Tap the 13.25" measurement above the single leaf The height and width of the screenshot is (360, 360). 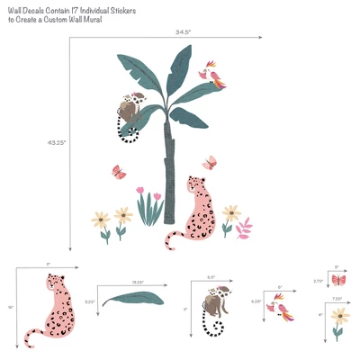[x=138, y=283]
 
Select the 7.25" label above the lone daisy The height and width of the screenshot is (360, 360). [x=337, y=298]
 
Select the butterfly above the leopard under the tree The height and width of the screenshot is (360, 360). [x=211, y=162]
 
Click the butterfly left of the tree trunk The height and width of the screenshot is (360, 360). [x=118, y=170]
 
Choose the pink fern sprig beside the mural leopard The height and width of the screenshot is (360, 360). [x=243, y=228]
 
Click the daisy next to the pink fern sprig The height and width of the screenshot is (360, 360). [x=231, y=215]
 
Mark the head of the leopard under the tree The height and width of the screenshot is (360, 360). [x=193, y=187]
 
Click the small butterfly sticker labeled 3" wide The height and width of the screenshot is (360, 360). [x=337, y=280]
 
